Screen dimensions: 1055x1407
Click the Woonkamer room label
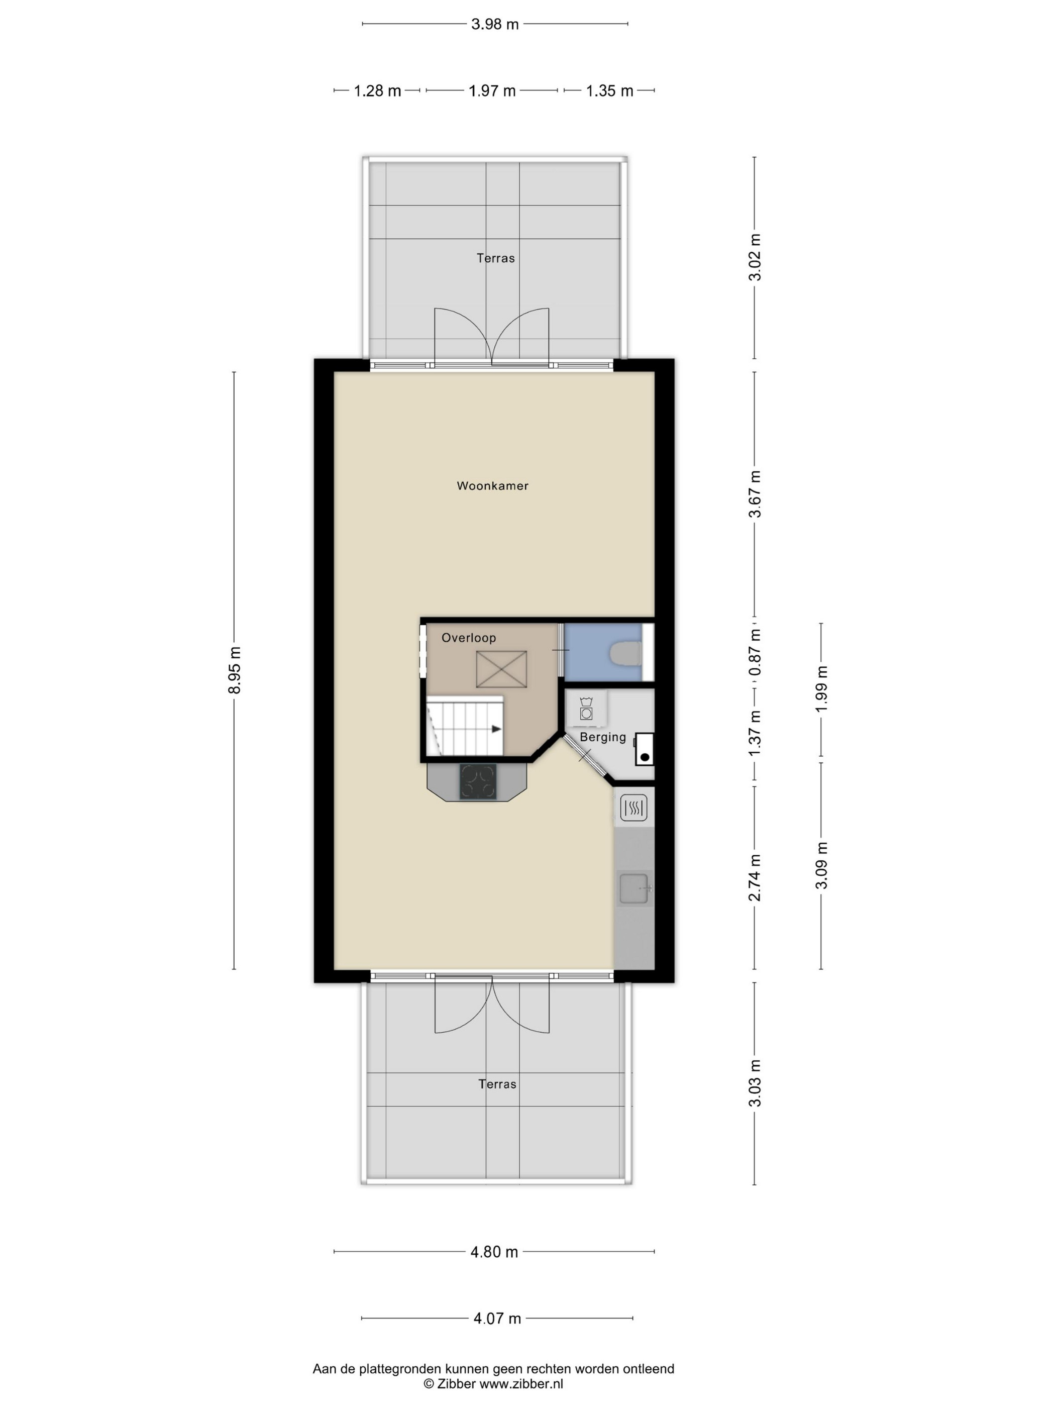[x=492, y=486]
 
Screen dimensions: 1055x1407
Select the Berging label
[x=603, y=737]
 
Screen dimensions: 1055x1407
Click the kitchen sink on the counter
[x=634, y=888]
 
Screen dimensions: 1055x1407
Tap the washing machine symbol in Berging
[x=586, y=709]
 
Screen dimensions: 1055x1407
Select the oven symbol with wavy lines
[x=634, y=808]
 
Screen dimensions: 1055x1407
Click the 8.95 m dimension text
[x=235, y=670]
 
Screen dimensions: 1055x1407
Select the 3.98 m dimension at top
[x=495, y=24]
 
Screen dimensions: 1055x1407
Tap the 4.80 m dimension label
[x=494, y=1252]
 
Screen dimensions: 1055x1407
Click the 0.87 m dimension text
[x=755, y=652]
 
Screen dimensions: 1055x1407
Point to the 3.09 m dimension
[x=821, y=865]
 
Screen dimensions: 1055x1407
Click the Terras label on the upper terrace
[x=495, y=258]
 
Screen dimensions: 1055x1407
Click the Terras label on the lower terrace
[x=497, y=1084]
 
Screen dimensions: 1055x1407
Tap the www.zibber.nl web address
[x=521, y=1383]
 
